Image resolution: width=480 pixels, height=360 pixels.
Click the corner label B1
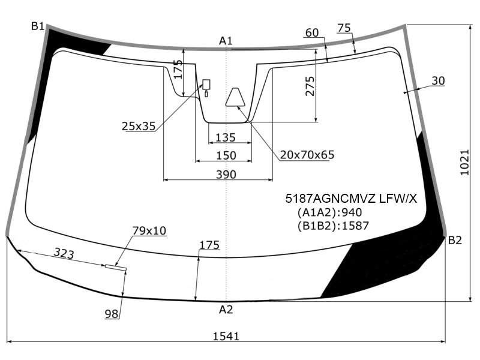point(38,26)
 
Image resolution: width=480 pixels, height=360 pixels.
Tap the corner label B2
point(455,241)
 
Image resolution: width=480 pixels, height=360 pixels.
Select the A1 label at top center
point(226,41)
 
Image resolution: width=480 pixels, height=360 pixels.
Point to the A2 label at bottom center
point(226,310)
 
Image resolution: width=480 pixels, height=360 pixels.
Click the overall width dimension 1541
point(226,337)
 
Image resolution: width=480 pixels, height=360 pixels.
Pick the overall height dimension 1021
point(464,162)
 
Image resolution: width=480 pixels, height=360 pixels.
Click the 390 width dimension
point(226,175)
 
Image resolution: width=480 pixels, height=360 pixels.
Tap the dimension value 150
point(226,155)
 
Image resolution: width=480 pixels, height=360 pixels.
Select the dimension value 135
point(226,137)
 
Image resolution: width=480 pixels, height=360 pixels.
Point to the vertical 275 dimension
point(310,86)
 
